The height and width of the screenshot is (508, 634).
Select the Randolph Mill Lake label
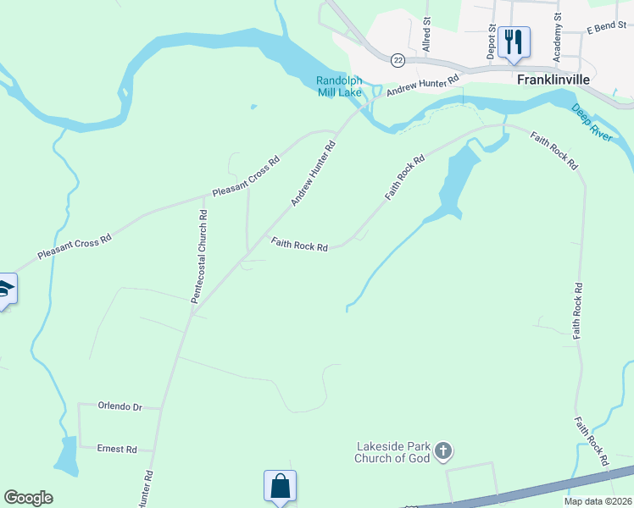tap(339, 86)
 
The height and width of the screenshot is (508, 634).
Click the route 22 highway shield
tap(398, 60)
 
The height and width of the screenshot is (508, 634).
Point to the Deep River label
tap(590, 123)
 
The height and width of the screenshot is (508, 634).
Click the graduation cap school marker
tap(5, 290)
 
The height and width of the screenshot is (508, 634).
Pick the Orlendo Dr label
tap(120, 406)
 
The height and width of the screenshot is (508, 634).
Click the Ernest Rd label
tap(117, 449)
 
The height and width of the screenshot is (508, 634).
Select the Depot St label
tap(492, 38)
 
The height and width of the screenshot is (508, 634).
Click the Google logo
tap(28, 498)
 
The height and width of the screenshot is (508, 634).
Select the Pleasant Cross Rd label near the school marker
tap(75, 247)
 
